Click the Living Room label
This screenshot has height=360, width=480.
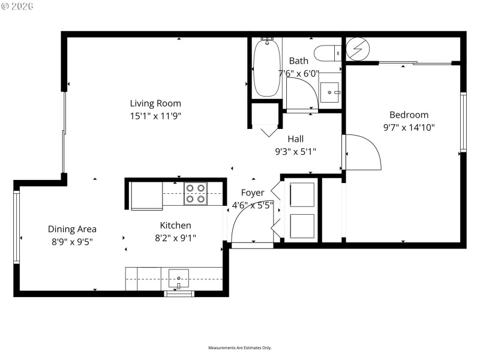click(x=155, y=103)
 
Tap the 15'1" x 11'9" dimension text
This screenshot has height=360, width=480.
click(x=155, y=116)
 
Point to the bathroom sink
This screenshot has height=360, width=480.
click(x=329, y=93)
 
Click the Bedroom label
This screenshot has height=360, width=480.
click(x=409, y=115)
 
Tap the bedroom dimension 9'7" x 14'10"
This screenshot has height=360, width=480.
click(x=409, y=127)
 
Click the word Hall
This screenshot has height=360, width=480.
click(x=295, y=139)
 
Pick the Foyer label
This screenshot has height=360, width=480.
click(x=253, y=193)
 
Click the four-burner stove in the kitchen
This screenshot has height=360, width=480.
click(x=196, y=193)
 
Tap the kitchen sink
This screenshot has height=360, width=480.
click(x=178, y=278)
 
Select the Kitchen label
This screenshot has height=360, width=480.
click(x=175, y=226)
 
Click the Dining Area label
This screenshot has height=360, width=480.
click(x=72, y=229)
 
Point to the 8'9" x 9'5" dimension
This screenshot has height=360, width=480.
click(x=72, y=241)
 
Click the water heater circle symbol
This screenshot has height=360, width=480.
click(x=355, y=50)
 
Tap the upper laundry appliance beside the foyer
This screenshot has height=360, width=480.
click(x=301, y=194)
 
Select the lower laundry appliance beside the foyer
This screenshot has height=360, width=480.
click(x=301, y=226)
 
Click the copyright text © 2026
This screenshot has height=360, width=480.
click(x=17, y=5)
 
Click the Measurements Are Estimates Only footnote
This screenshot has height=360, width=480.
click(x=240, y=348)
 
